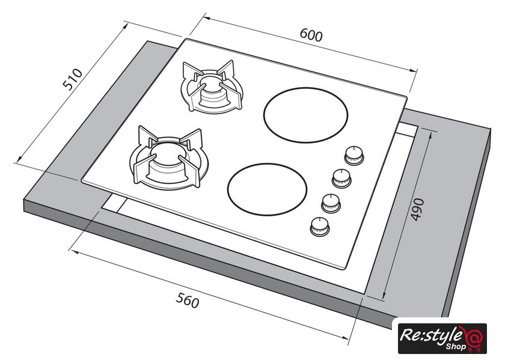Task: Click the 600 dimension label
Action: click(x=311, y=35)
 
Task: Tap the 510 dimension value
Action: click(x=73, y=79)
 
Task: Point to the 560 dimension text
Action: click(x=187, y=300)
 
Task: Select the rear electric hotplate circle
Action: click(x=307, y=116)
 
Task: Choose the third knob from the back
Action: click(x=329, y=203)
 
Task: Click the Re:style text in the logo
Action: click(x=431, y=334)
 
